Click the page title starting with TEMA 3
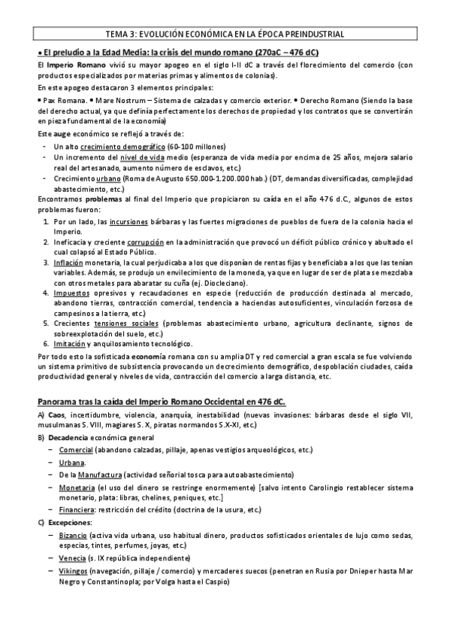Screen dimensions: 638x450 [x=225, y=34]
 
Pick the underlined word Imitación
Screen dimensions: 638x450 [x=68, y=342]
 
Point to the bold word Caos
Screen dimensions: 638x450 [x=56, y=416]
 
